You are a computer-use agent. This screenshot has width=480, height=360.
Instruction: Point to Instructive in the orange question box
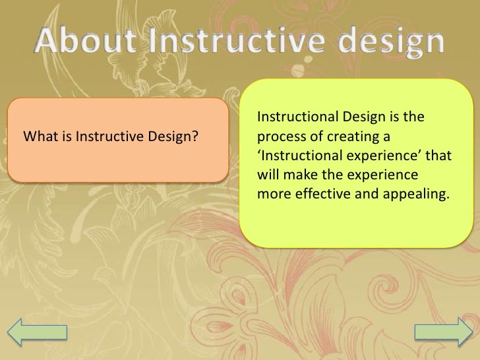[105, 137]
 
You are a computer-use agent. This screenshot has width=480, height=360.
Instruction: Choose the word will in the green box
[268, 176]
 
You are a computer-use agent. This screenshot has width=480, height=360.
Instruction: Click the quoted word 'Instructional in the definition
[291, 157]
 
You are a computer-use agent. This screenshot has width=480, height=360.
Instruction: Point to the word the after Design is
[412, 118]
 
